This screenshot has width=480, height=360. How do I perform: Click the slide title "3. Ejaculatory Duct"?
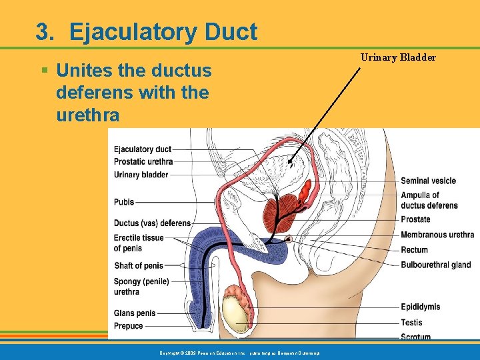point(146,32)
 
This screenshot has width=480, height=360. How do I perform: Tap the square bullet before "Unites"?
point(45,69)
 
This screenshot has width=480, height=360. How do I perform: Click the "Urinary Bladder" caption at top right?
point(398,57)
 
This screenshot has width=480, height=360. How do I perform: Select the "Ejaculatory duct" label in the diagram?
point(143,149)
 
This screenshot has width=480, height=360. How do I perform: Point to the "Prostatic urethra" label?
point(143,161)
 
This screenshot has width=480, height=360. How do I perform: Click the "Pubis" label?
point(124,202)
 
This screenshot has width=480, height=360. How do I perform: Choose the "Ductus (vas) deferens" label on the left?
point(152,223)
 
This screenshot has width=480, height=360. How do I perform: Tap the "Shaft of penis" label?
point(139,266)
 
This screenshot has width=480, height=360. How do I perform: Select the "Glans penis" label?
point(135,313)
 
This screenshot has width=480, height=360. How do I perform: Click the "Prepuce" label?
point(129,326)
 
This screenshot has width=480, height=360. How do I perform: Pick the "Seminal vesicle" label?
point(428,181)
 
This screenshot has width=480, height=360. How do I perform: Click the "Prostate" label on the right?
point(415,219)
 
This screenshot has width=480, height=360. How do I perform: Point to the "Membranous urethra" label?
point(437,235)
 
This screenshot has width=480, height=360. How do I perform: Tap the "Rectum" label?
point(414,250)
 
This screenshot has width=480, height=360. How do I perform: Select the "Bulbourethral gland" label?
point(436,265)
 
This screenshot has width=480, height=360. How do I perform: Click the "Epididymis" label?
point(420,307)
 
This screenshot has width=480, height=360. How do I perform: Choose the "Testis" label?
point(411,323)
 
